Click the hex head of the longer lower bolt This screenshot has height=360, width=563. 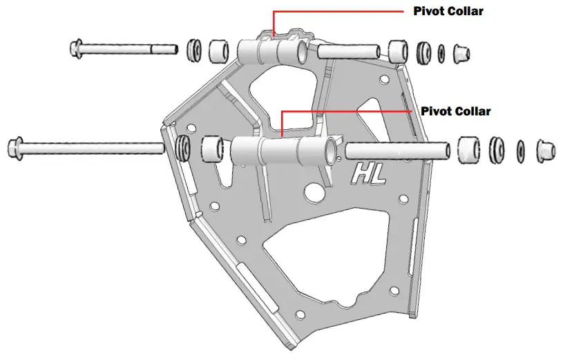[14, 147]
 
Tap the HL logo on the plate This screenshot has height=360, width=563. [370, 174]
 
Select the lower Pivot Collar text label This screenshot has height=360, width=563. [456, 111]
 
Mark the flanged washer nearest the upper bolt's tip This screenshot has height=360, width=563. [193, 50]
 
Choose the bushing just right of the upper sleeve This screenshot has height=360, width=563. [398, 50]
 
